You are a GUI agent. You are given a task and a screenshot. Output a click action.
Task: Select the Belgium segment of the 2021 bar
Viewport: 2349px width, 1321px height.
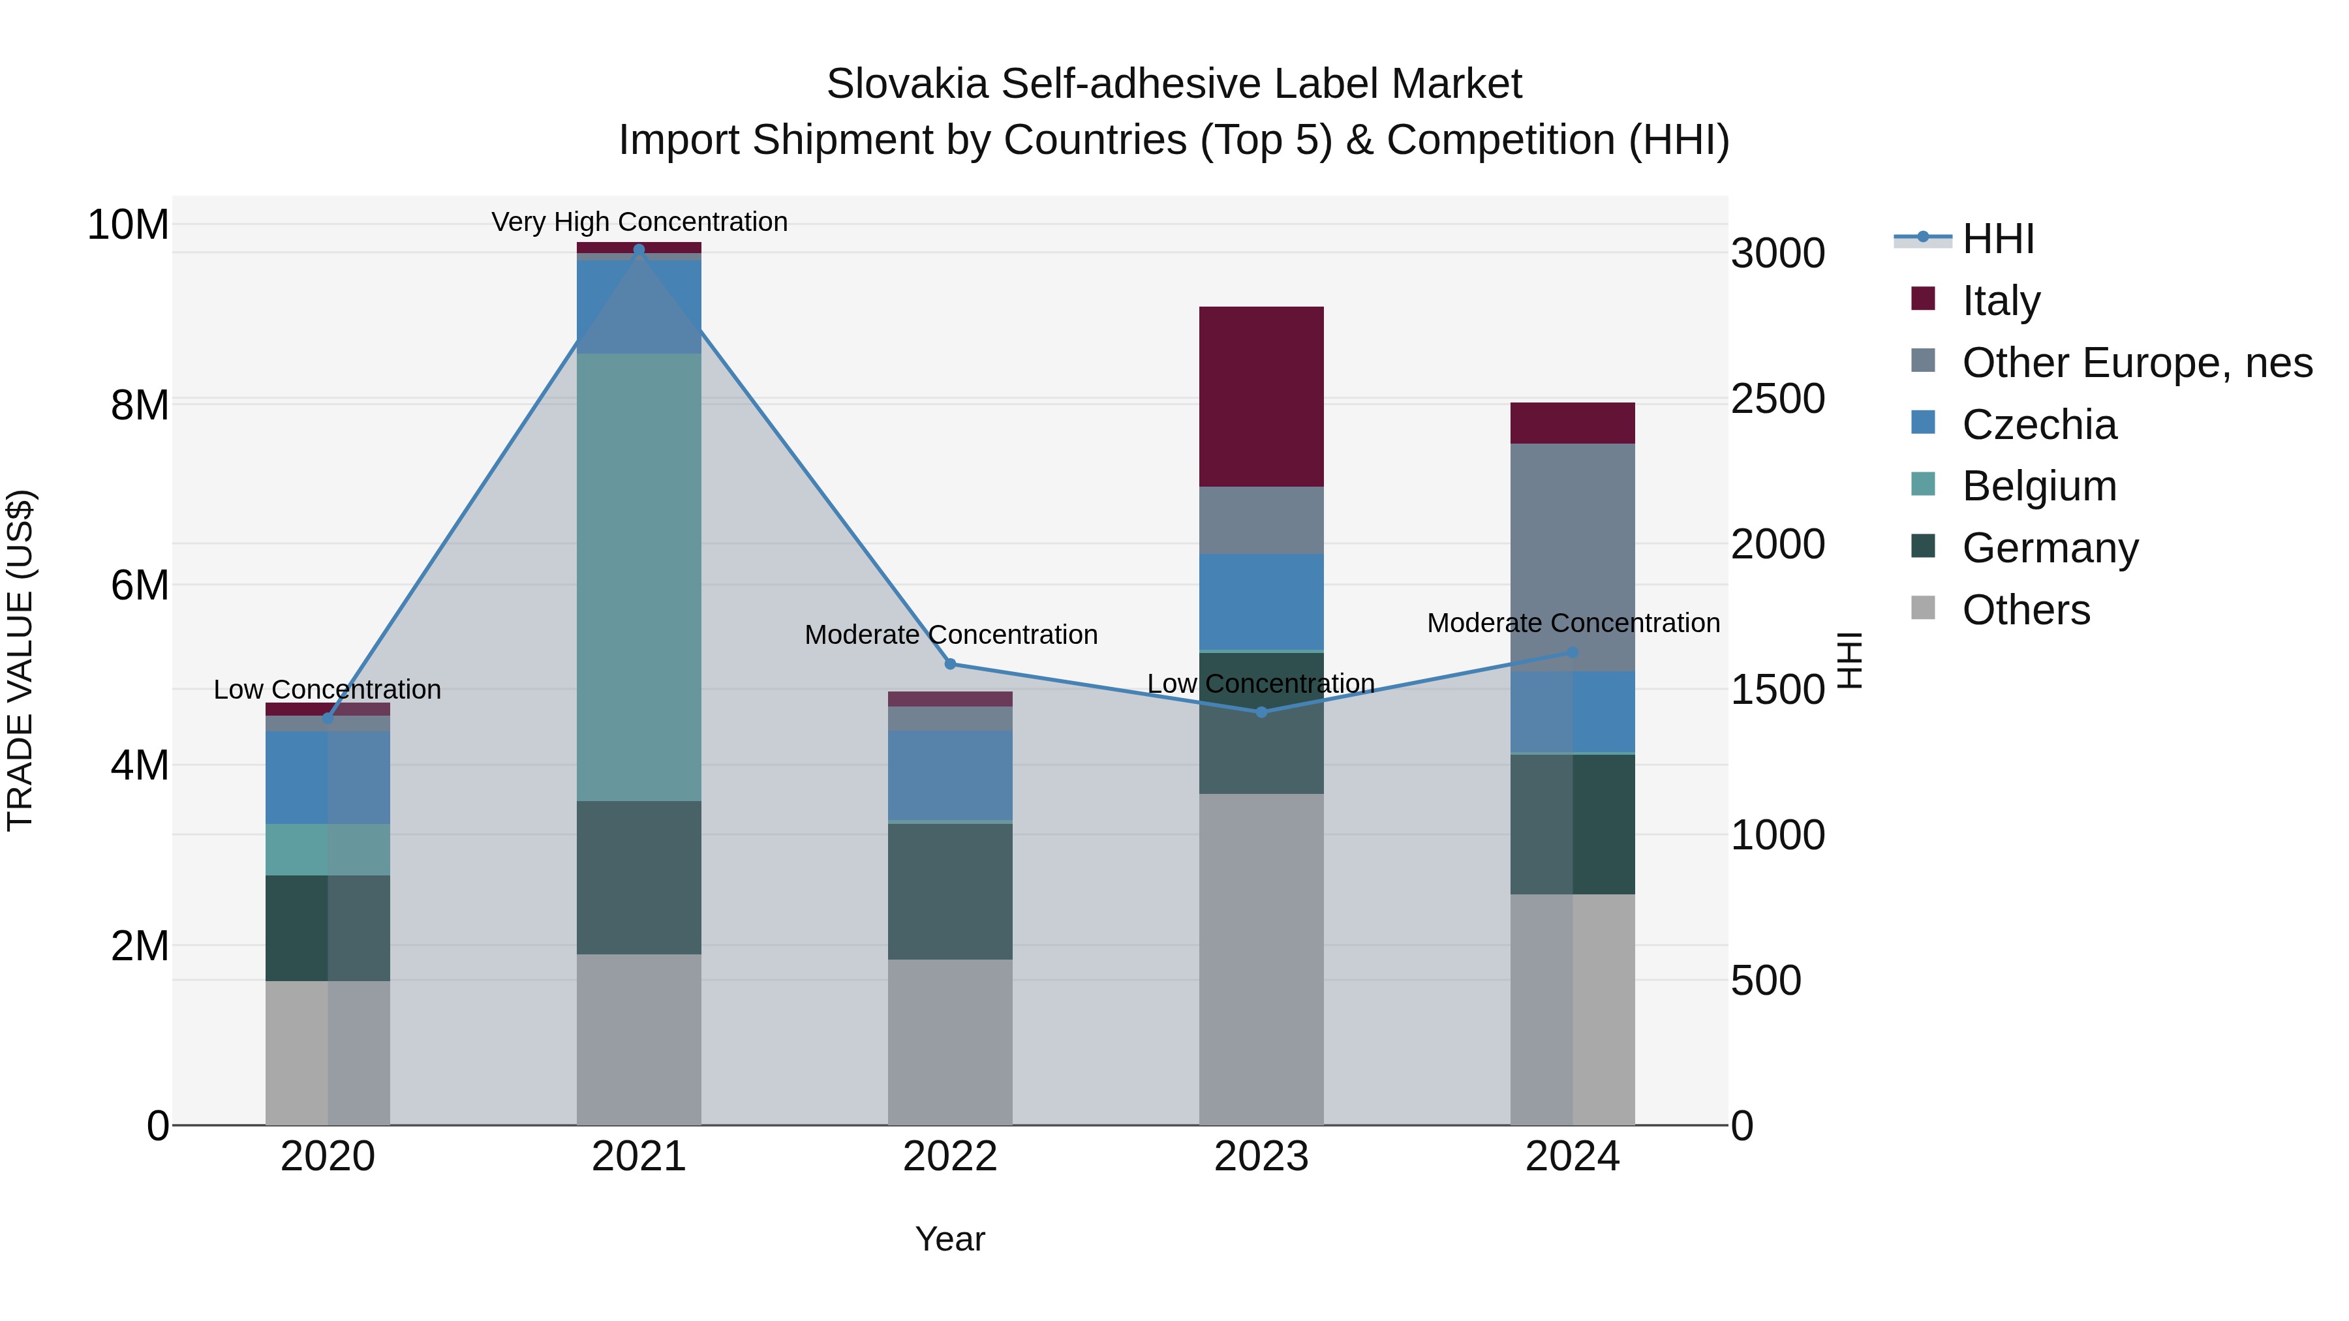pos(638,577)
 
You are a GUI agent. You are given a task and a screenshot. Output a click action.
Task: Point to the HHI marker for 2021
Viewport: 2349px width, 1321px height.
pos(638,250)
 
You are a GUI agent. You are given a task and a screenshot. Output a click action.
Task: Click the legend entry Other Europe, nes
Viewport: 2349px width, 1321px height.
pos(2136,363)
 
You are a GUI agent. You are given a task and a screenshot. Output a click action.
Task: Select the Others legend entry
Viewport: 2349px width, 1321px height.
pos(2025,610)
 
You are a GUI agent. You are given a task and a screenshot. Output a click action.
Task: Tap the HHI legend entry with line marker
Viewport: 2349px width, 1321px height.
pos(1997,239)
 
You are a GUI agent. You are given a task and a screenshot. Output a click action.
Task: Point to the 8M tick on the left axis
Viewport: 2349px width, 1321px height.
pos(140,404)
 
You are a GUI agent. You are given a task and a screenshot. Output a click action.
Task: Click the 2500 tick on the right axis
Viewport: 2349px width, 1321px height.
pos(1777,399)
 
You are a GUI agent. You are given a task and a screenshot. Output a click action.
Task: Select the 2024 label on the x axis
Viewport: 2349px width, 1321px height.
pos(1572,1157)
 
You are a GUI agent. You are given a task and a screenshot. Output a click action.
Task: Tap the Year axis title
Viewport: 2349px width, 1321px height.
pos(949,1239)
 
